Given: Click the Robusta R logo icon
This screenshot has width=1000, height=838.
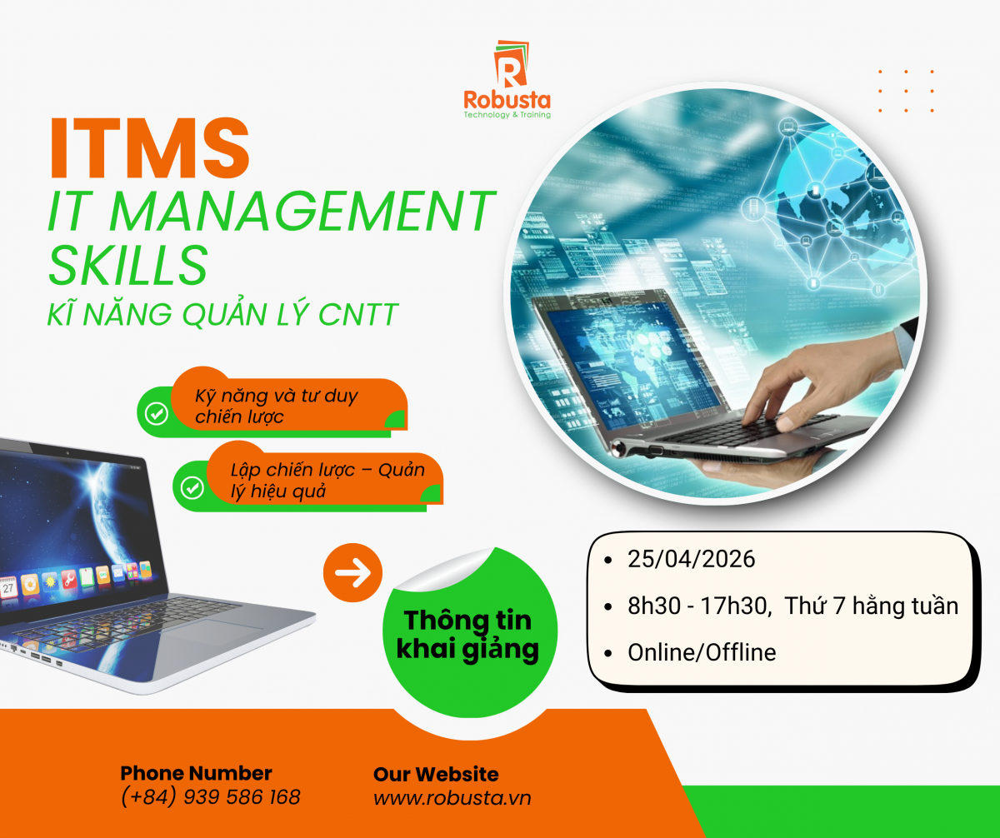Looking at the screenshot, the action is (511, 63).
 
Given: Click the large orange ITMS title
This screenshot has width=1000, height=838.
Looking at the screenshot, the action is (149, 148).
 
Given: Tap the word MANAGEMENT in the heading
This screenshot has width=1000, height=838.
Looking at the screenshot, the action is (302, 212).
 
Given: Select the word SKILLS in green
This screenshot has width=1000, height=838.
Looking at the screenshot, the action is (127, 265).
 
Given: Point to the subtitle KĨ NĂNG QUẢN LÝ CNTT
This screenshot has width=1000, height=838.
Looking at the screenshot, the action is (222, 314).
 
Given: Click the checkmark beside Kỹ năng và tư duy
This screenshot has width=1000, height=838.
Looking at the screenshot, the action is (157, 413).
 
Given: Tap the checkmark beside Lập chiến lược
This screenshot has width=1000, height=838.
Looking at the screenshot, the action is (192, 487).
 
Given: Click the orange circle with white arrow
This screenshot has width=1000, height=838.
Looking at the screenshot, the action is (353, 572).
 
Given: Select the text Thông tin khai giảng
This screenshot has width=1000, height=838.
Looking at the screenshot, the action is (467, 635).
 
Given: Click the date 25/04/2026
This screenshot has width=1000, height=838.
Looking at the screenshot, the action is (691, 559).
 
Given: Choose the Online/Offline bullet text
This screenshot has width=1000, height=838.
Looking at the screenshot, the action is (702, 652).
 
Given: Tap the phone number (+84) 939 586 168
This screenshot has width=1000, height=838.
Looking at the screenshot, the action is (211, 797).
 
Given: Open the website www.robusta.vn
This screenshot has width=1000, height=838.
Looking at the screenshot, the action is (452, 798).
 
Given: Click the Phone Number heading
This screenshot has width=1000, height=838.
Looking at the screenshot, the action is (197, 773).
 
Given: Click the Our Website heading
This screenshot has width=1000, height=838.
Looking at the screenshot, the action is (436, 774).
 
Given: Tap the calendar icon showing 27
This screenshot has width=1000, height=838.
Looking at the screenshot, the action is (8, 588).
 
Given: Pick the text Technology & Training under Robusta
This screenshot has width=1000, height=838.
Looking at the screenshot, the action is (507, 115).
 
